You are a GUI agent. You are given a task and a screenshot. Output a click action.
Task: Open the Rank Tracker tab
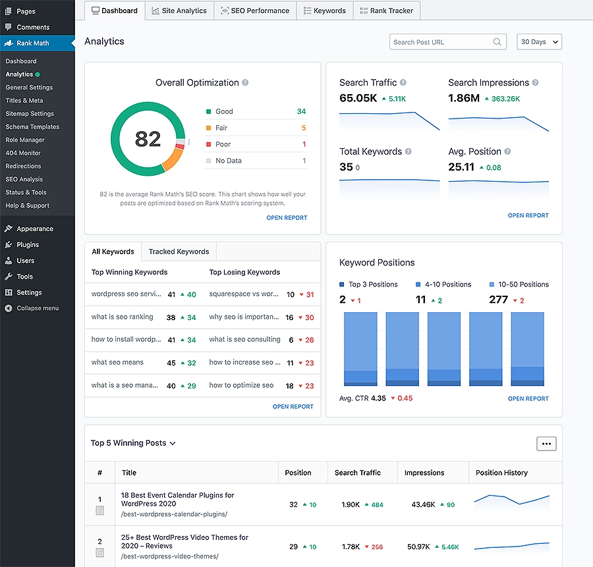click(387, 11)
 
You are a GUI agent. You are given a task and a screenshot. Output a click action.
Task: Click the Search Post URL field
click(441, 42)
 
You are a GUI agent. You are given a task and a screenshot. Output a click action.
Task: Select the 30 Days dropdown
click(539, 42)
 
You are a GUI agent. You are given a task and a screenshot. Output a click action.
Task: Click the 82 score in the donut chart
click(148, 139)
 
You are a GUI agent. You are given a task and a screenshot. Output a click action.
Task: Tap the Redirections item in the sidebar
click(23, 166)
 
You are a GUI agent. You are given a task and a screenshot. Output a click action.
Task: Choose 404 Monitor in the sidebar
click(23, 153)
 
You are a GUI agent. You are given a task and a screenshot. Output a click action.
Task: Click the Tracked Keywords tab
click(179, 252)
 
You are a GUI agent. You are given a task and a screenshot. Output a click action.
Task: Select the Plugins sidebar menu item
click(28, 244)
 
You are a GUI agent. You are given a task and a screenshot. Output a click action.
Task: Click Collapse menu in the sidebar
click(37, 308)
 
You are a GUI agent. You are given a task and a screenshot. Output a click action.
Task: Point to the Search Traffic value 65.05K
click(358, 98)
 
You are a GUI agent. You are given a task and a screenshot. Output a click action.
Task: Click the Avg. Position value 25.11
click(461, 167)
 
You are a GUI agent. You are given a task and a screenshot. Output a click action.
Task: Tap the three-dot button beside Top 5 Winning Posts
click(546, 444)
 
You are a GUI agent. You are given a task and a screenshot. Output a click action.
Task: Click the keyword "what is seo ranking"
click(122, 317)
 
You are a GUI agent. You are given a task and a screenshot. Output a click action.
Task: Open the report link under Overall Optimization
click(287, 217)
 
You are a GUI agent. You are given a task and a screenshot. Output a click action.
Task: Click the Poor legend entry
click(223, 144)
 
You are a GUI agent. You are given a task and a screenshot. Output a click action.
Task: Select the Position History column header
click(501, 473)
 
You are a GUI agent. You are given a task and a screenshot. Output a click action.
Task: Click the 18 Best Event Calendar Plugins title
click(177, 499)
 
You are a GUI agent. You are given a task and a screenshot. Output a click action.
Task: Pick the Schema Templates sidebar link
click(32, 126)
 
